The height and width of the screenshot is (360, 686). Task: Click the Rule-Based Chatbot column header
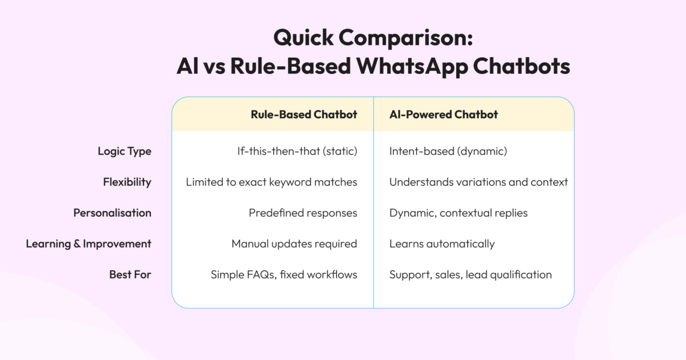point(304,114)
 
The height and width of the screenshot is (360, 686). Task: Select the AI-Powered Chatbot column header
point(444,114)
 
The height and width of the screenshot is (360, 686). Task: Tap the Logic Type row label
point(124,151)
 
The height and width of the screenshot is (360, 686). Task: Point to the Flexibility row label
point(127,182)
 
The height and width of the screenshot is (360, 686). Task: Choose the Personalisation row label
point(112,213)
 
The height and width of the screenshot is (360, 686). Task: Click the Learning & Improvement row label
point(89,244)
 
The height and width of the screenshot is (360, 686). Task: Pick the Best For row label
point(130,275)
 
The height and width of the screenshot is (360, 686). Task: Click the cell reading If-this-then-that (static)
point(297,151)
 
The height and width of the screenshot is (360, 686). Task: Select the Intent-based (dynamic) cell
point(448,151)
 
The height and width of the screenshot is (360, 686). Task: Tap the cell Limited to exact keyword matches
point(272,182)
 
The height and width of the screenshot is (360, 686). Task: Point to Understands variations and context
point(478,182)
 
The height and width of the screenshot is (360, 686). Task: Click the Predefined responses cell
point(303,213)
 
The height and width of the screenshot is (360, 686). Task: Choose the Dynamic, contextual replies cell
point(458,213)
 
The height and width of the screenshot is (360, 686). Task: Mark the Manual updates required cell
point(294,244)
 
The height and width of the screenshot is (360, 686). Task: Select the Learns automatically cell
point(442,244)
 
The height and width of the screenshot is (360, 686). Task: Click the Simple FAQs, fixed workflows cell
point(284,275)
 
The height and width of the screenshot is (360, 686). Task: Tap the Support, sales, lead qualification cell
point(470,275)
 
